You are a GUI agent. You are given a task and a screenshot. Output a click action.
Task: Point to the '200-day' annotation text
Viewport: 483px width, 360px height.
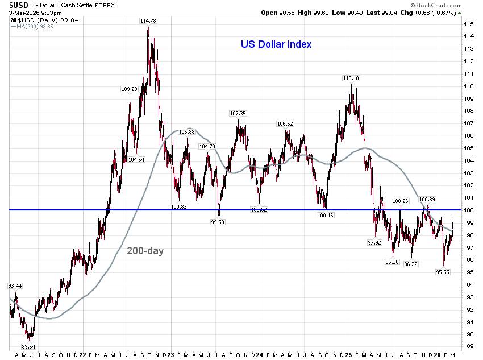pos(145,250)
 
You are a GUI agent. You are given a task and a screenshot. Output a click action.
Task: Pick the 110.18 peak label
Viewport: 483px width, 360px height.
pos(351,78)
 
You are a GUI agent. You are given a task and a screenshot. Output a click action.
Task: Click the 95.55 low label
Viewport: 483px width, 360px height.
pos(443,272)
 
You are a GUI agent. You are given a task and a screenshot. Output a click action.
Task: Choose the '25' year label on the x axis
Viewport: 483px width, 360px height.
pos(348,354)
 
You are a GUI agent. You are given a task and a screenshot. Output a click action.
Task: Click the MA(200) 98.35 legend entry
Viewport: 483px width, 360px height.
pos(32,25)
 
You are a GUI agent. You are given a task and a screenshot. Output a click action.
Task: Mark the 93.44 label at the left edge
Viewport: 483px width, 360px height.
pos(15,285)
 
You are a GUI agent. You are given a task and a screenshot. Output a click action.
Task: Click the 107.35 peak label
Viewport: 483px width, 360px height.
pos(238,113)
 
